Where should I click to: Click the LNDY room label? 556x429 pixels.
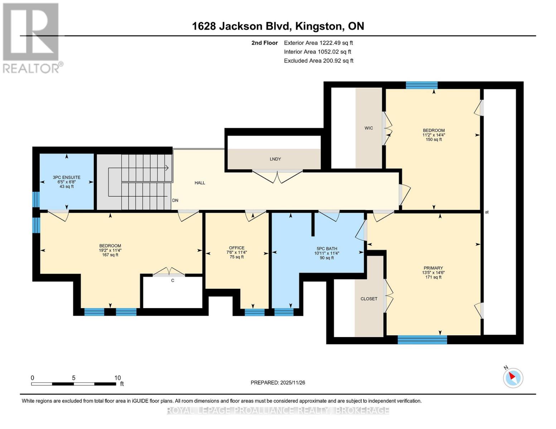[275, 159]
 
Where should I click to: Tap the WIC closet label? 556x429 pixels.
[369, 128]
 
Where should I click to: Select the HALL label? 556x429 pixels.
[200, 183]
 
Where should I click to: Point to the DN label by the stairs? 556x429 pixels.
[175, 200]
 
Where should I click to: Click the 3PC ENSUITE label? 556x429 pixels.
[67, 177]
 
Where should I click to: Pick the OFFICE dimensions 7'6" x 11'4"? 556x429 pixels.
[237, 252]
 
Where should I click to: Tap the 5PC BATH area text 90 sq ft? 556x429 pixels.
[327, 258]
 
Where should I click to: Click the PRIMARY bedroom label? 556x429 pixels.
[433, 268]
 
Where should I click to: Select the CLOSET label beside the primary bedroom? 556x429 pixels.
[369, 299]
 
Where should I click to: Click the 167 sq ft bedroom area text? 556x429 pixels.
[110, 255]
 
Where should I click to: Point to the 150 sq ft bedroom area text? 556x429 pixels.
[434, 139]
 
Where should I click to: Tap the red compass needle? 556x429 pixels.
[512, 376]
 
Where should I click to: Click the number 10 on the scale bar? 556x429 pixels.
[117, 378]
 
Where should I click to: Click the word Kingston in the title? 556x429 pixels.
[319, 26]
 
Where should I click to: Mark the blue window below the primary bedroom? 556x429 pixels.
[422, 340]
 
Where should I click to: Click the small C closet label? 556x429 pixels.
[173, 281]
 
